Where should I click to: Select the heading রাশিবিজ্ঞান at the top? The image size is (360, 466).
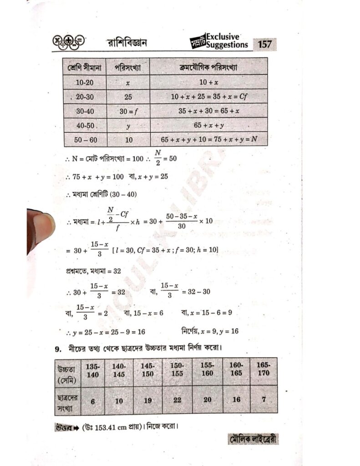127,44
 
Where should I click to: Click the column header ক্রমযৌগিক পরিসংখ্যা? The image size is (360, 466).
208,67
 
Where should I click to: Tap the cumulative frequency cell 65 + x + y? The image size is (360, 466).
208,125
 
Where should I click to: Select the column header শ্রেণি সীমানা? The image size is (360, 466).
85,67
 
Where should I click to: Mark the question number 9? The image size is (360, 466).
58,349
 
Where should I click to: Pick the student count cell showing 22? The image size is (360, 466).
177,400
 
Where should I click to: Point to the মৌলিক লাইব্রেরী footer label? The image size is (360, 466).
252,439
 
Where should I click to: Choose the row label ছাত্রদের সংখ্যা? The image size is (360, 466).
66,400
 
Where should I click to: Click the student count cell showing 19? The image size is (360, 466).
147,400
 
